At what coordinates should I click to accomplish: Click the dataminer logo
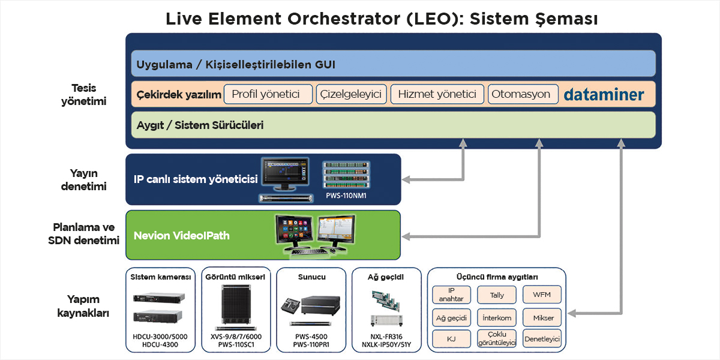(604, 95)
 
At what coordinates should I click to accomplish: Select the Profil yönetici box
(268, 94)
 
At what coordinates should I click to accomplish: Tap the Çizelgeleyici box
(351, 94)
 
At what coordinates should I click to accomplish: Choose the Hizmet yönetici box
(437, 94)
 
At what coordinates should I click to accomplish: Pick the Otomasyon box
(523, 94)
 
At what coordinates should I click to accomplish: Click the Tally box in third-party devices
(497, 295)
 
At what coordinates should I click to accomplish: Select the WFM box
(542, 295)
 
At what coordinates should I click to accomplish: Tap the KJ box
(451, 339)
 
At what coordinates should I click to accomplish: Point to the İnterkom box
(497, 317)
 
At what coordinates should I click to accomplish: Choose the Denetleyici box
(542, 338)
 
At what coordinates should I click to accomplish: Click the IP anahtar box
(451, 295)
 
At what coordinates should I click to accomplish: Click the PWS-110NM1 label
(346, 196)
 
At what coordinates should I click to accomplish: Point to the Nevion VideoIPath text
(182, 236)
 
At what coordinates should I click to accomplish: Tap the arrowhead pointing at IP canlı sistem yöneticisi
(406, 179)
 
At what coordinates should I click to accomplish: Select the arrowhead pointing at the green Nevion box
(406, 236)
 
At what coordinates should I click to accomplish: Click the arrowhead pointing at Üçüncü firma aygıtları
(572, 313)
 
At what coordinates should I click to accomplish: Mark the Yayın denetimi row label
(83, 179)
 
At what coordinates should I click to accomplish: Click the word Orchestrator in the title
(344, 19)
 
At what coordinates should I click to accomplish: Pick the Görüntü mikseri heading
(235, 277)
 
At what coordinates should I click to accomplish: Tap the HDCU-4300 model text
(160, 344)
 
